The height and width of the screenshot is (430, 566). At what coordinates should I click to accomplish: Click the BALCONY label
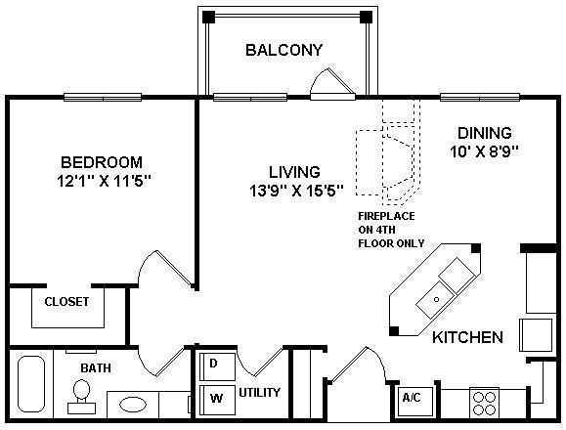pos(283,50)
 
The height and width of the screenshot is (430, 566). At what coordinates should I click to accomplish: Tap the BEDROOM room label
pos(102,162)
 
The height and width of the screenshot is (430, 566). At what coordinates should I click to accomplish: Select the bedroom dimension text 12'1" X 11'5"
pos(104,181)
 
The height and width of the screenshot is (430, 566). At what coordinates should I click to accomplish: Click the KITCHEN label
pos(467,337)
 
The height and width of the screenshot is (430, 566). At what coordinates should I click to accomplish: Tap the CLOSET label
pos(66,302)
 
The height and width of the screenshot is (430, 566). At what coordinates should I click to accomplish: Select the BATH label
pos(96,368)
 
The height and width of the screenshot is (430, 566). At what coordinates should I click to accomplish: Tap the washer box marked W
pos(214,399)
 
